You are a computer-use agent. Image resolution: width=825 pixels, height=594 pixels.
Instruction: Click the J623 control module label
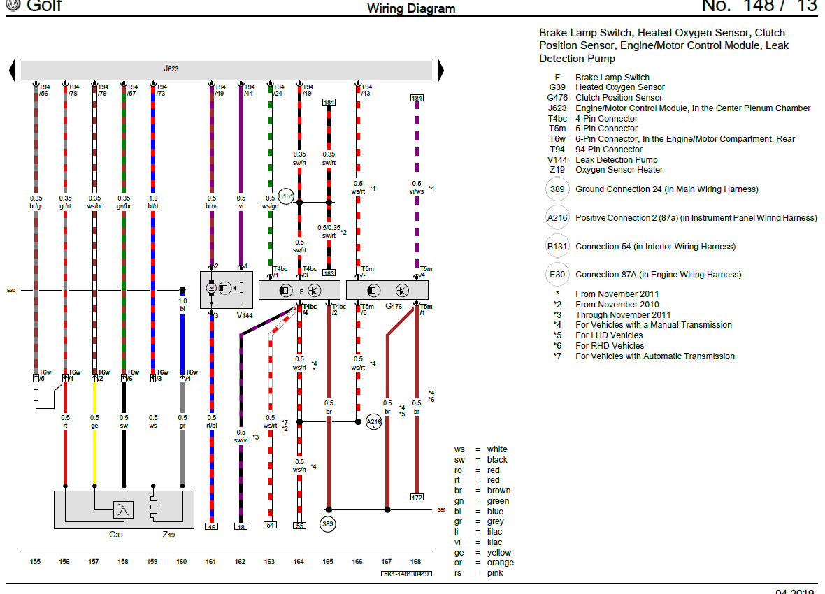click(x=171, y=69)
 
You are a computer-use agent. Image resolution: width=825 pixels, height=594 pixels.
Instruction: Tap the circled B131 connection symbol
click(x=287, y=197)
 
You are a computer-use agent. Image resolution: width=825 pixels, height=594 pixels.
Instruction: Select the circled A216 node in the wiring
click(x=373, y=422)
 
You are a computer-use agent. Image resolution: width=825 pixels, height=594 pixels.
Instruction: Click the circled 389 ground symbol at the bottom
click(x=328, y=523)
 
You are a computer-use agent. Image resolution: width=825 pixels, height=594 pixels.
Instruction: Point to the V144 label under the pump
click(x=244, y=316)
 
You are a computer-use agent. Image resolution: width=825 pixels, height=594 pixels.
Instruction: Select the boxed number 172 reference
click(x=417, y=497)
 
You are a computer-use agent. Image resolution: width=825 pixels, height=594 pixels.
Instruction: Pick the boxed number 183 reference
click(x=329, y=273)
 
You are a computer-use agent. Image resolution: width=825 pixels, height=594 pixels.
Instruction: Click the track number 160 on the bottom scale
click(x=182, y=560)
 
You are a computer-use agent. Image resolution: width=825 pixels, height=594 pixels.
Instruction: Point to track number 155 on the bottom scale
click(x=35, y=560)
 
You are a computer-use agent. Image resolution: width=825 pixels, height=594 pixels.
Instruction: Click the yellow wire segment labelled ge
click(x=94, y=447)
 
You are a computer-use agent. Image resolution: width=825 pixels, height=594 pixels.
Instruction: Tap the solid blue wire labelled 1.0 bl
click(x=182, y=349)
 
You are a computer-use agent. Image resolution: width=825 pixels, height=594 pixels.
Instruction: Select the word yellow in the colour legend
click(x=498, y=553)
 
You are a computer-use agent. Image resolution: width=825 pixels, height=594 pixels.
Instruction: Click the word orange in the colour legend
click(x=500, y=563)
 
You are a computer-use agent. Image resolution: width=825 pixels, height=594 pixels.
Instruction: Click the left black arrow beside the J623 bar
click(x=12, y=71)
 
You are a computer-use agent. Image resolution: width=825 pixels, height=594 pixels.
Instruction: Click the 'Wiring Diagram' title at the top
click(x=411, y=8)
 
